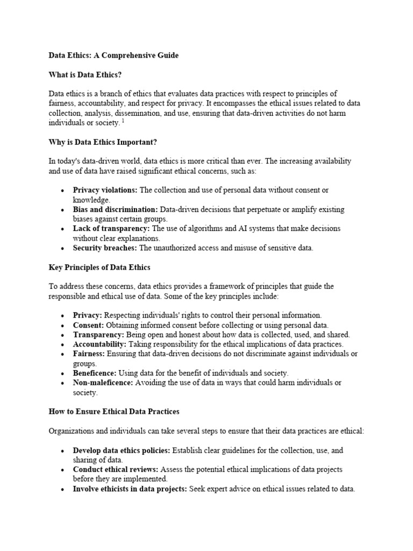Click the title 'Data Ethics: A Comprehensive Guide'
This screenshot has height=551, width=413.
pyautogui.click(x=113, y=55)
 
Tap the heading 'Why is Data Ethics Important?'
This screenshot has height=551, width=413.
pyautogui.click(x=102, y=142)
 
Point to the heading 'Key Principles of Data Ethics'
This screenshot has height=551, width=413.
pyautogui.click(x=99, y=267)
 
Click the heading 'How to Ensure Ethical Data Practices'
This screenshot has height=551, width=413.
pyautogui.click(x=114, y=411)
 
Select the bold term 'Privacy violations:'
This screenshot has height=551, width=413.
pyautogui.click(x=105, y=190)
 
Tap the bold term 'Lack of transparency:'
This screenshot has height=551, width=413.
pyautogui.click(x=112, y=229)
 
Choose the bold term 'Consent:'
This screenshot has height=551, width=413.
pyautogui.click(x=89, y=325)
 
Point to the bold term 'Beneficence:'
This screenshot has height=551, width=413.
pyautogui.click(x=95, y=373)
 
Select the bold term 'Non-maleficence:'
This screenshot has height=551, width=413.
pyautogui.click(x=103, y=383)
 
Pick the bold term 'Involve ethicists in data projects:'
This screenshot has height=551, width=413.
pyautogui.click(x=130, y=489)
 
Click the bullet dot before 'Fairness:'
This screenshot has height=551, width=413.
pyautogui.click(x=63, y=354)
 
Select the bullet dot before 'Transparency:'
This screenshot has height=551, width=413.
pyautogui.click(x=63, y=335)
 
